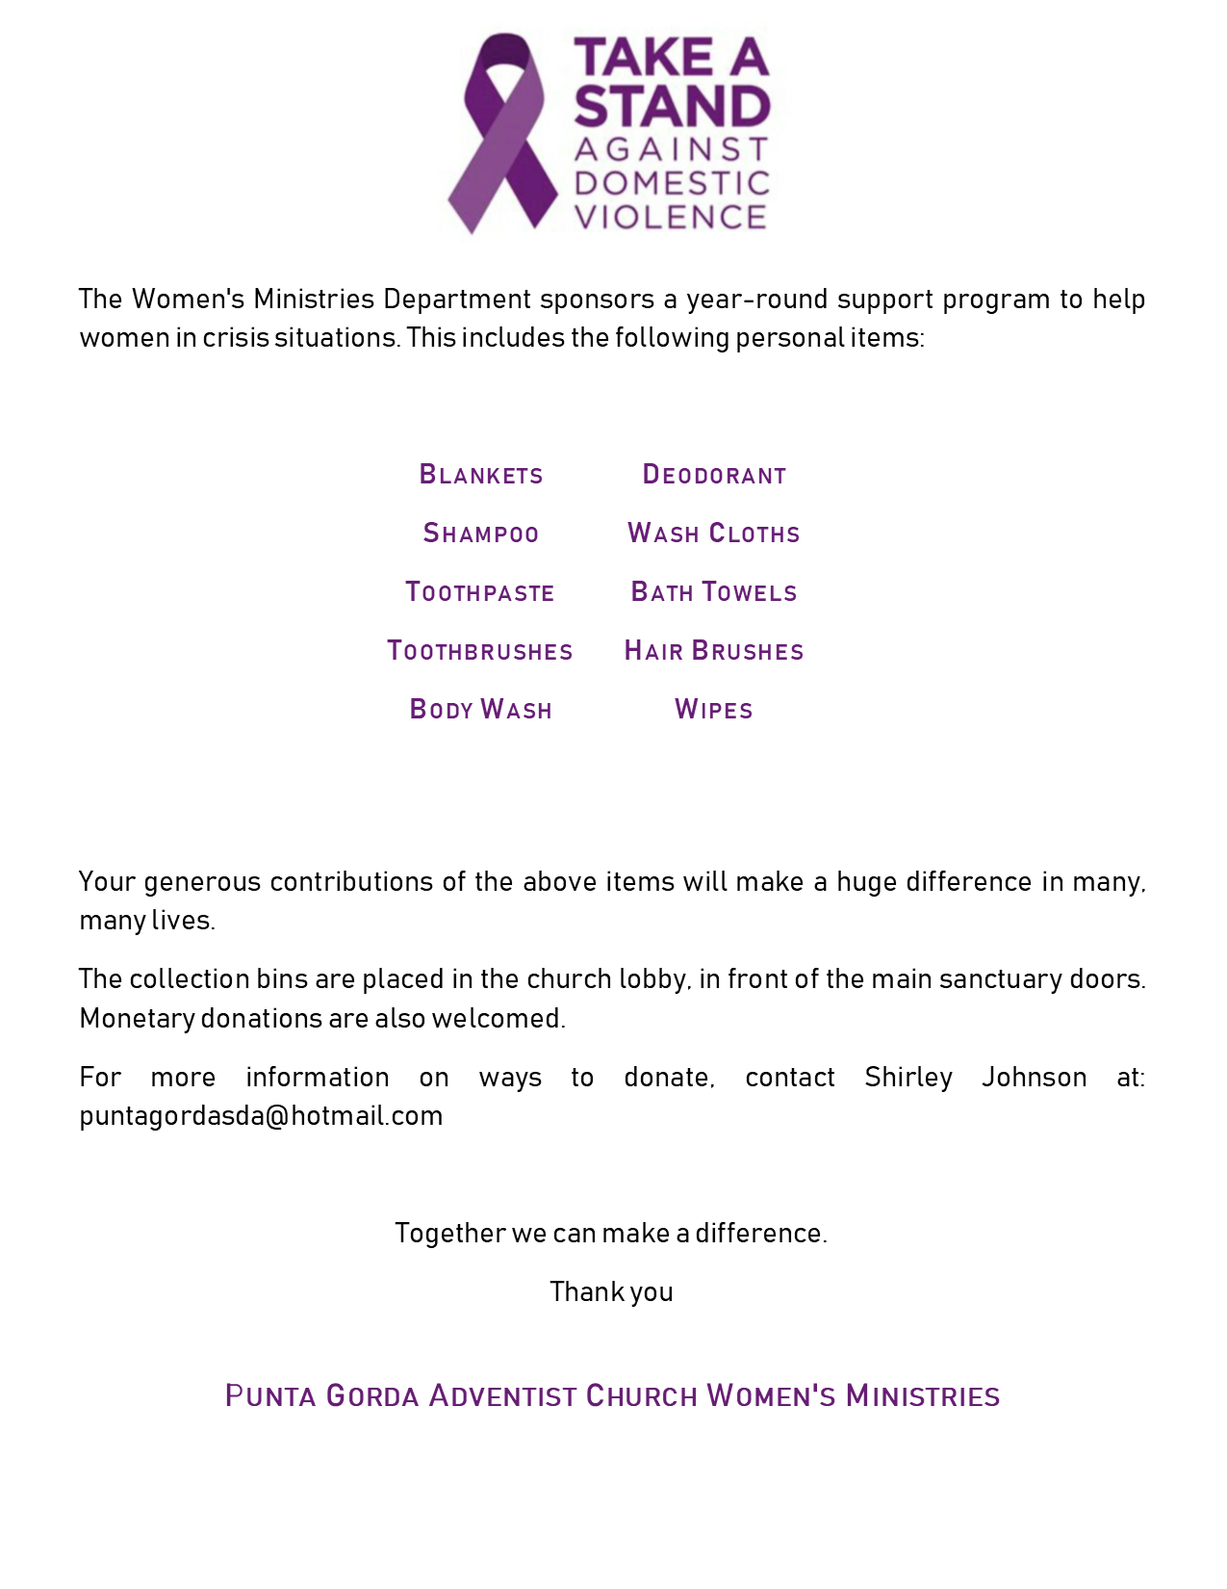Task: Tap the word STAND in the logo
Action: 672,106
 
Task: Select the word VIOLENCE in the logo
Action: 671,217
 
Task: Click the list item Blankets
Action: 481,475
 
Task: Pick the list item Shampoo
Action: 481,534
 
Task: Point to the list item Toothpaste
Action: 480,592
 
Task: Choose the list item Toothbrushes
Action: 480,651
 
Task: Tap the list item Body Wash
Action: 481,710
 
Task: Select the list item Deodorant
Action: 714,475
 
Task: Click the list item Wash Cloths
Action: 714,534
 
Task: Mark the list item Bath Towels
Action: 714,592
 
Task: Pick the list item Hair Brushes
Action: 714,651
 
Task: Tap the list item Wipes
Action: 714,710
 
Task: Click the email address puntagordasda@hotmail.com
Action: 261,1116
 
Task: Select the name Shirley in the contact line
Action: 908,1077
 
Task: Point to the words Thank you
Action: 611,1291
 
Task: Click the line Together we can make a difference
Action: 611,1233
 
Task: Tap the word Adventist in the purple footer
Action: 502,1396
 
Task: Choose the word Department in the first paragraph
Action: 457,300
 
